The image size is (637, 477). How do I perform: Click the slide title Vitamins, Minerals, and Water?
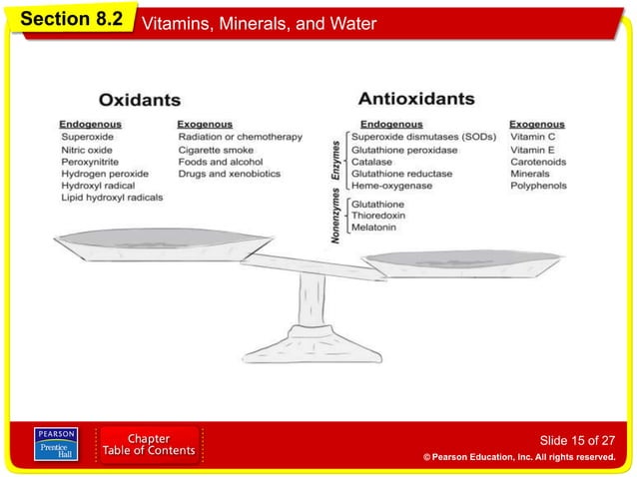click(260, 23)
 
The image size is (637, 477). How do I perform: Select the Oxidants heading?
click(139, 101)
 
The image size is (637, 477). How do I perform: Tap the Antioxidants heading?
click(416, 99)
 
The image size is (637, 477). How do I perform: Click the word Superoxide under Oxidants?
click(87, 137)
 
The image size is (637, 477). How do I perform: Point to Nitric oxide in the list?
click(87, 150)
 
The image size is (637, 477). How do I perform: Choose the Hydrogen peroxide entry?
click(104, 174)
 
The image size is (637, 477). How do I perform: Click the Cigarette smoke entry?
click(216, 150)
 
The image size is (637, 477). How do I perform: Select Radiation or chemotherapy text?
click(240, 137)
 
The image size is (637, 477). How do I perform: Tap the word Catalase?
click(371, 162)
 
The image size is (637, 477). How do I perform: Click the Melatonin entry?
click(373, 228)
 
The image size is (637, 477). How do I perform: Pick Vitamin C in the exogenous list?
click(532, 137)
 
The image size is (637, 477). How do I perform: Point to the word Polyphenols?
click(538, 186)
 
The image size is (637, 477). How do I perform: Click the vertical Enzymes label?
click(336, 160)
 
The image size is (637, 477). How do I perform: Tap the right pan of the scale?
click(463, 264)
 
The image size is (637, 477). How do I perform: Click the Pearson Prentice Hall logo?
click(56, 444)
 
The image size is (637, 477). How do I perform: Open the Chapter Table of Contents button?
click(148, 445)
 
